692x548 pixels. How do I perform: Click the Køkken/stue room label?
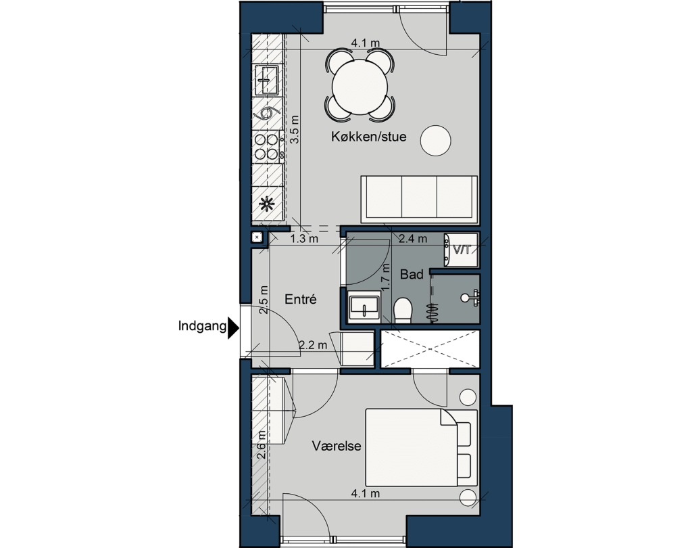368,137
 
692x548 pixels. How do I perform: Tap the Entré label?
301,299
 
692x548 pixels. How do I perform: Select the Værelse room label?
337,445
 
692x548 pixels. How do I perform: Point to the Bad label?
412,275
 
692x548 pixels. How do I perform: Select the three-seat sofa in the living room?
419,199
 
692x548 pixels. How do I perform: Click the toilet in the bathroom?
403,311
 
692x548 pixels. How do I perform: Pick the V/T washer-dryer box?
461,250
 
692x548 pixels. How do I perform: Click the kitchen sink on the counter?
268,80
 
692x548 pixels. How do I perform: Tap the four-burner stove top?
268,147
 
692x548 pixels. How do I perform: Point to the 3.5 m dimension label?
295,129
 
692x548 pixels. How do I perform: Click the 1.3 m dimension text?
304,239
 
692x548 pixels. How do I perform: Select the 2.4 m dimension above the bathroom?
413,239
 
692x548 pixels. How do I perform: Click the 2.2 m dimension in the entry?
313,345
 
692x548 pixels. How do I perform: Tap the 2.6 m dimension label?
262,444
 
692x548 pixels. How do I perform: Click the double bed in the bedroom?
422,447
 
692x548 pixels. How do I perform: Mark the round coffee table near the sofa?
436,140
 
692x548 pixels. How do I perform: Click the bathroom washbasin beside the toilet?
364,306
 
